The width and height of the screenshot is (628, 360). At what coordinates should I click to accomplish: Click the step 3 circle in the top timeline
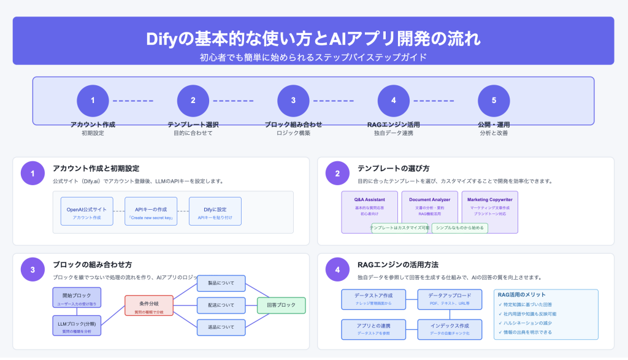coord(293,101)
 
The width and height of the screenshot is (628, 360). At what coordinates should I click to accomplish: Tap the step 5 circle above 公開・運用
coord(494,101)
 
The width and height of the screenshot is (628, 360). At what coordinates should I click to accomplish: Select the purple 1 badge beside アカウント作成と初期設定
coord(33,173)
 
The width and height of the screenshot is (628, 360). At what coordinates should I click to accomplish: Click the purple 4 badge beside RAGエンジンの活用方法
coord(337,269)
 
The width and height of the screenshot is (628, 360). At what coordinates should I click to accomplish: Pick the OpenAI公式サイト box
coord(86,212)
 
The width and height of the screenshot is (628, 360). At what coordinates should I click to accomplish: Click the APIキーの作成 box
coord(150,212)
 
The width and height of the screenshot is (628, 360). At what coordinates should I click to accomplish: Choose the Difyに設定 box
coord(215,212)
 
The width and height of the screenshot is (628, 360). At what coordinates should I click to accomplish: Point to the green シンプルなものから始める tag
coord(460,228)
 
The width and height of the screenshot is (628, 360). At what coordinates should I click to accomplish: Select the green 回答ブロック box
coord(281,305)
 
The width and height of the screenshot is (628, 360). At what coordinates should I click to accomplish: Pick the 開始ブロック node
coord(77,297)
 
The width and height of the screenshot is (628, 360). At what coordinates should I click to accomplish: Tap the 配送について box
coord(221,305)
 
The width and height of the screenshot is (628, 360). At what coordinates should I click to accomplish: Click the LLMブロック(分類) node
coord(77,326)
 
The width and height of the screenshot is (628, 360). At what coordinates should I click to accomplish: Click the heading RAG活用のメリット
coord(523,294)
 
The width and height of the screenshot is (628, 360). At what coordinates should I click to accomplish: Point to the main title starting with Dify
coord(313,39)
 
